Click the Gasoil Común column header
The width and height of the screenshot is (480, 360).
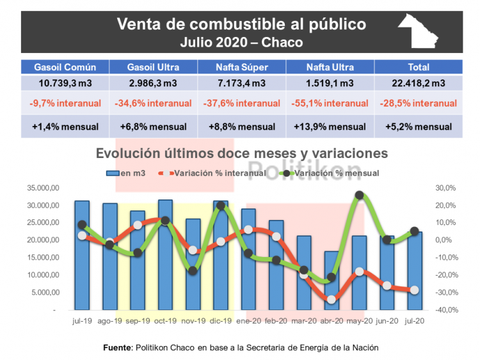tap(65, 67)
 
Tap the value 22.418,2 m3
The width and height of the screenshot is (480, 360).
tap(417, 83)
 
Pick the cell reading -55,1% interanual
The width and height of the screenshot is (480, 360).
tap(329, 104)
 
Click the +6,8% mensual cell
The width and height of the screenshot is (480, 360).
tap(153, 127)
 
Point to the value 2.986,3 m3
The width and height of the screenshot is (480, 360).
tap(153, 83)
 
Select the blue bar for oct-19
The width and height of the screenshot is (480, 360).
tap(165, 256)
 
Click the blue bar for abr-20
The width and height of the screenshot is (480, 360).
tap(330, 281)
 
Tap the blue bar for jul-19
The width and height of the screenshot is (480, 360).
tap(82, 256)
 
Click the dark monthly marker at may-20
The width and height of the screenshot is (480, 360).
tap(359, 196)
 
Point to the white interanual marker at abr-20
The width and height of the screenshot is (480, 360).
tap(331, 299)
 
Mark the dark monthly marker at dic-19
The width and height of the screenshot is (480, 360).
tap(221, 206)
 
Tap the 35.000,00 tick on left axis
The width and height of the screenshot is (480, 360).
tap(44, 188)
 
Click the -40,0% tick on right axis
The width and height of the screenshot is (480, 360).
tap(444, 310)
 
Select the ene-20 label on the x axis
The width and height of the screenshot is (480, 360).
tap(248, 322)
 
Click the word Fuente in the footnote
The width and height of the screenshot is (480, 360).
tap(117, 347)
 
